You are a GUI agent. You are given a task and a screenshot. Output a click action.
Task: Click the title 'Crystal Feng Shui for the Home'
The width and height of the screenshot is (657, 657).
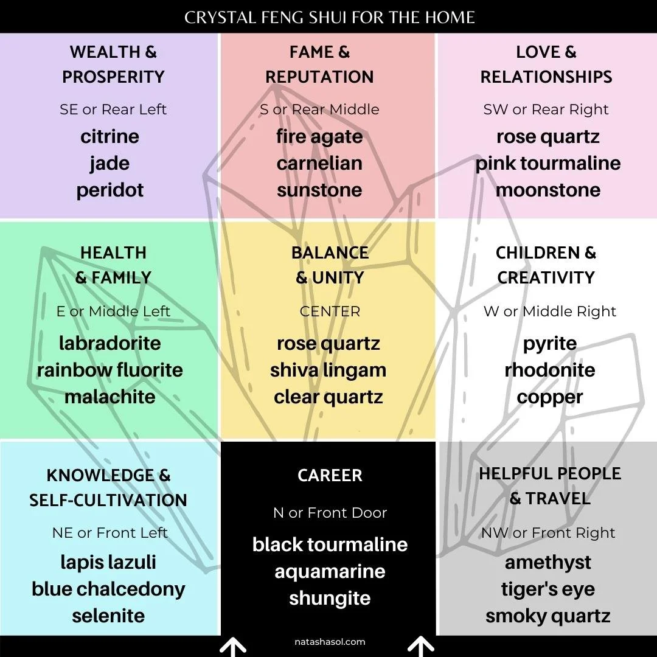pyautogui.click(x=329, y=16)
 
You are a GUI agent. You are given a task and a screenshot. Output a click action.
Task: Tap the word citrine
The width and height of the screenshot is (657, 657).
pyautogui.click(x=109, y=136)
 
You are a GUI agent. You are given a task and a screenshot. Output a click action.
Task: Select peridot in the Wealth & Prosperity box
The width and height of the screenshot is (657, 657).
pyautogui.click(x=109, y=190)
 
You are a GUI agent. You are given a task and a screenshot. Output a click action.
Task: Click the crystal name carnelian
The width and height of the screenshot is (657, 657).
pyautogui.click(x=319, y=163)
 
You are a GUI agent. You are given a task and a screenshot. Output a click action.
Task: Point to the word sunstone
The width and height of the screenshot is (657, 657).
pyautogui.click(x=319, y=190)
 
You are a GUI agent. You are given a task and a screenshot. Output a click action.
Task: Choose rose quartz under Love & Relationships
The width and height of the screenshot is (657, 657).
pyautogui.click(x=547, y=136)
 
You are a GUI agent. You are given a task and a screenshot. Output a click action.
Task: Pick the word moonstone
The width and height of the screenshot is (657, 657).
pyautogui.click(x=547, y=190)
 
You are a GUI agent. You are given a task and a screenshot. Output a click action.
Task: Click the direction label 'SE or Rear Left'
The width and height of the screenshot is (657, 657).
pyautogui.click(x=113, y=109)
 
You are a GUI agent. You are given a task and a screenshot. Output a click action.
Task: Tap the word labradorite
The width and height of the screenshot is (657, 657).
pyautogui.click(x=110, y=343)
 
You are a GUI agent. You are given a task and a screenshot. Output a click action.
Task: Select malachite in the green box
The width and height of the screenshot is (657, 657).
pyautogui.click(x=110, y=397)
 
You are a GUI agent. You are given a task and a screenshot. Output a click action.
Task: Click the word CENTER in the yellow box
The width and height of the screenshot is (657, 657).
pyautogui.click(x=330, y=311)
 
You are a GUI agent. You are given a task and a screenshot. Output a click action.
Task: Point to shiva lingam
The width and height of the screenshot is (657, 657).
pyautogui.click(x=328, y=370)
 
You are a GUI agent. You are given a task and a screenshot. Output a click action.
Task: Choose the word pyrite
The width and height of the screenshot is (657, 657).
pyautogui.click(x=549, y=343)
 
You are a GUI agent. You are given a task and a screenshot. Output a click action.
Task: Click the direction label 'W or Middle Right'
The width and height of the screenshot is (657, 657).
pyautogui.click(x=549, y=311)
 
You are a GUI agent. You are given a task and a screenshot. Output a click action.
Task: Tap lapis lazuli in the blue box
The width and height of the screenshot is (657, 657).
pyautogui.click(x=108, y=562)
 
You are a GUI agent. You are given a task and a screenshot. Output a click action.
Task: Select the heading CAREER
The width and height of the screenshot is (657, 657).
pyautogui.click(x=330, y=475)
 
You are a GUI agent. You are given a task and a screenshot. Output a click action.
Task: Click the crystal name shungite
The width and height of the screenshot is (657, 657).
pyautogui.click(x=330, y=598)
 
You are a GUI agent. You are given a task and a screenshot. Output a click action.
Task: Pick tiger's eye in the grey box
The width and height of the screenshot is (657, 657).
pyautogui.click(x=547, y=589)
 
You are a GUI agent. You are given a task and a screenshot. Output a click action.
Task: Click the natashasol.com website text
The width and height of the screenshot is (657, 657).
pyautogui.click(x=330, y=642)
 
